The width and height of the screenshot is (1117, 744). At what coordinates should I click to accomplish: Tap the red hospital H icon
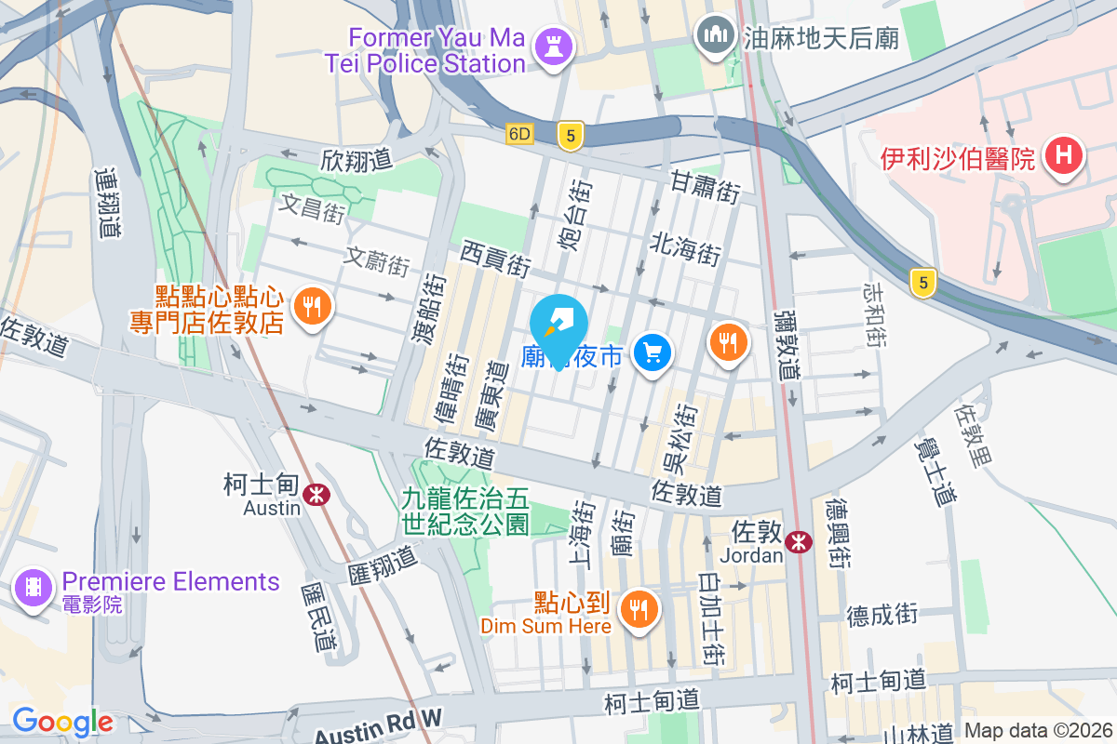coord(1063,154)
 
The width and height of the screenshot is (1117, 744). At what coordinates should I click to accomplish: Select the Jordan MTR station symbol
coord(798,542)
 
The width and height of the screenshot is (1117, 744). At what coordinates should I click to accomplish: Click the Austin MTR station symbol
coord(317,494)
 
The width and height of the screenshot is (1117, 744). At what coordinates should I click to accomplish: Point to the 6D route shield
coord(519,134)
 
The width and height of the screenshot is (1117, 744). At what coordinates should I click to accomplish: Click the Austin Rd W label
coord(378,724)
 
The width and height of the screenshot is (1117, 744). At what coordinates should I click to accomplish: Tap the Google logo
coord(62,721)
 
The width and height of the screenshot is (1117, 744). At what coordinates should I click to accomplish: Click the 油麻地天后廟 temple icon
coord(715,36)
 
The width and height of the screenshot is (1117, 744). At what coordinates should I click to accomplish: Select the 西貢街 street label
coord(495,259)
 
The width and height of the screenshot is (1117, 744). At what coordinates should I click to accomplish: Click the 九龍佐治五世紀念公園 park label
coord(465,511)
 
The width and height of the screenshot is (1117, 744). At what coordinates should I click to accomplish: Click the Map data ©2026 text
coord(1037,730)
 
